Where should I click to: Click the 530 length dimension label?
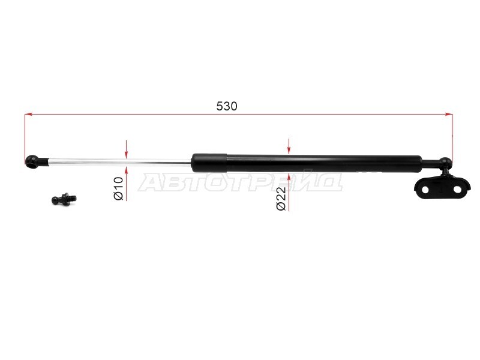(227, 106)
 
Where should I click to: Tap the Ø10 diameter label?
(118, 188)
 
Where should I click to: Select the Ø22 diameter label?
(281, 199)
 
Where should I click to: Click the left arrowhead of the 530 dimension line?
(28, 114)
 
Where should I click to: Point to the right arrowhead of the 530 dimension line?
(449, 114)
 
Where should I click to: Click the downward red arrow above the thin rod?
(126, 149)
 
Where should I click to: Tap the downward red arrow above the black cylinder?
(289, 146)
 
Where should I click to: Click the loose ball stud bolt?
(64, 199)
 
